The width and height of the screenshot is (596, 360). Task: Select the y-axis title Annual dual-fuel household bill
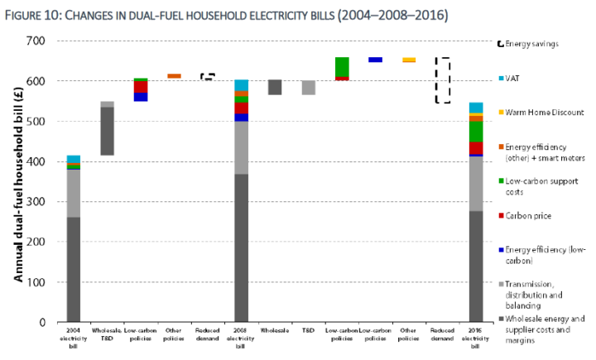17,181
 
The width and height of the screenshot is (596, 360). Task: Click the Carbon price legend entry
534,215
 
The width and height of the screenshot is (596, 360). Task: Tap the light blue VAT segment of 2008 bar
241,85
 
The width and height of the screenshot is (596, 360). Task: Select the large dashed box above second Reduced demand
443,80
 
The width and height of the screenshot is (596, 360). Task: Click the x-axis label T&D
308,333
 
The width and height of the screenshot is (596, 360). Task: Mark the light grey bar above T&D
308,88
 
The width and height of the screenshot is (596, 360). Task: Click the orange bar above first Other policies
174,76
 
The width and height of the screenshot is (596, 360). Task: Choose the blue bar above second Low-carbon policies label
375,60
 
